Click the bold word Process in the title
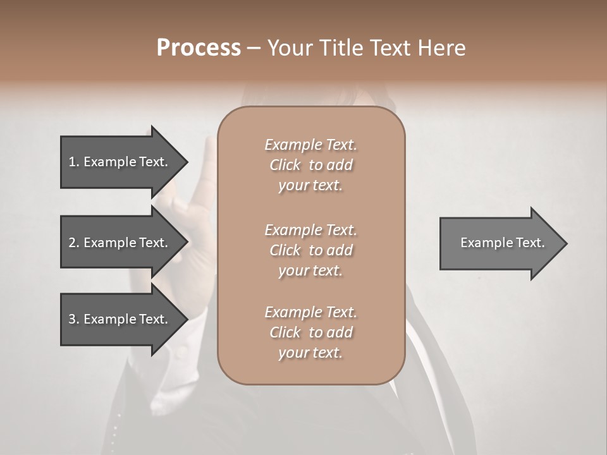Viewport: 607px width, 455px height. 199,48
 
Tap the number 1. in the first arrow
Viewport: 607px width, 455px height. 74,162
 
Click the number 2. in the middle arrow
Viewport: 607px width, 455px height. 74,243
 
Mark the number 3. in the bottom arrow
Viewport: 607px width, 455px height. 74,319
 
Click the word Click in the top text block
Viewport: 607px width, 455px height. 285,165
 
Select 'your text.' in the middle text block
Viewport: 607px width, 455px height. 310,270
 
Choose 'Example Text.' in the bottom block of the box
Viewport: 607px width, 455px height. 310,312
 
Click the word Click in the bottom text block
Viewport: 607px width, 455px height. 285,332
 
